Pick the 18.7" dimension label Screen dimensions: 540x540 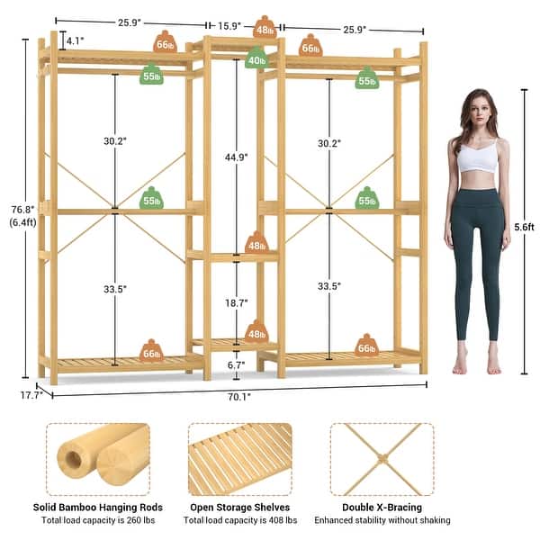(x=237, y=304)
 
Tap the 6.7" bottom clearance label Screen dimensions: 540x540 (x=237, y=365)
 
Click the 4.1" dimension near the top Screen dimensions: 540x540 (x=75, y=40)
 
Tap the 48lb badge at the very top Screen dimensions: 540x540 (x=265, y=28)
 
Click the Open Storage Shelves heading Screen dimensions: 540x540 (x=239, y=507)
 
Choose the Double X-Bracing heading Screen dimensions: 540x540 (x=382, y=507)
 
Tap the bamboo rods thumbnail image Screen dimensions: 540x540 (x=97, y=459)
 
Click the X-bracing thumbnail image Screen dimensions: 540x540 (x=382, y=459)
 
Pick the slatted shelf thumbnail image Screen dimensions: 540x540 (x=239, y=459)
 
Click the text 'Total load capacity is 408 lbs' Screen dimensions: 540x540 (x=239, y=520)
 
